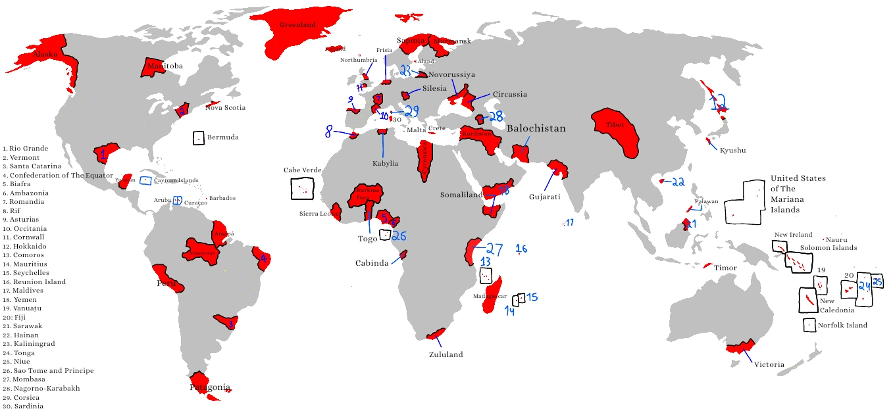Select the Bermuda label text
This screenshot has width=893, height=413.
(222, 137)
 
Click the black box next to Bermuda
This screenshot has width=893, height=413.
(198, 138)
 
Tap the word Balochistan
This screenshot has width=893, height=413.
(536, 129)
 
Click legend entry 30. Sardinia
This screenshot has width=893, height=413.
(24, 406)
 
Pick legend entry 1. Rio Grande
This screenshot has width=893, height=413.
(24, 149)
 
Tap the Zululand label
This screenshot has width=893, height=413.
(446, 354)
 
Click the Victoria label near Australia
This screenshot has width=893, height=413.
(769, 364)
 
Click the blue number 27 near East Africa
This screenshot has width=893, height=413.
(494, 249)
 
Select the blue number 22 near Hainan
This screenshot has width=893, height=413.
(679, 182)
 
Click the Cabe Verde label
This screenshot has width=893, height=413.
(302, 170)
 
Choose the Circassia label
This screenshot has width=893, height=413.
(510, 94)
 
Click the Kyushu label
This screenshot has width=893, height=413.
(732, 151)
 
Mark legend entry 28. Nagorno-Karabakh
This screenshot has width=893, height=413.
(41, 388)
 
